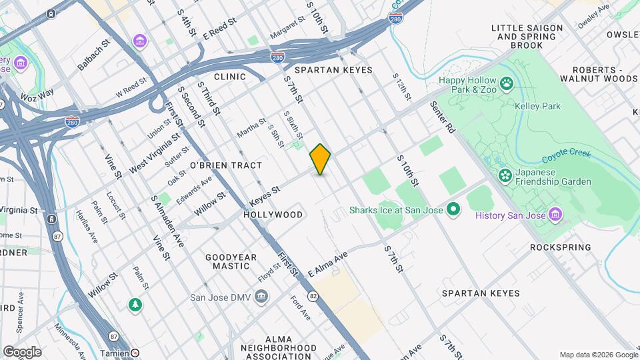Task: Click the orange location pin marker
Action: coord(320,159)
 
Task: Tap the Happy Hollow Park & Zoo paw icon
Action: coord(507,83)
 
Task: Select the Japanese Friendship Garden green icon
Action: coord(505,176)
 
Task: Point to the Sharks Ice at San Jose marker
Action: coord(454,211)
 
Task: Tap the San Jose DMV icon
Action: coord(262,297)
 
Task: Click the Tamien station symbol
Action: coord(135,353)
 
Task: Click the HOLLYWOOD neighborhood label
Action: coord(273,215)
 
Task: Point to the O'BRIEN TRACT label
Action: coord(226,165)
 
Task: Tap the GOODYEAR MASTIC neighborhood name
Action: coord(231,261)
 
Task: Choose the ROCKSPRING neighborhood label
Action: coord(560,247)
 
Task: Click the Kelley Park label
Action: coord(537,106)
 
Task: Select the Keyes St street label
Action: coord(265,196)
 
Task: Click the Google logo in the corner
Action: coord(22,351)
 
